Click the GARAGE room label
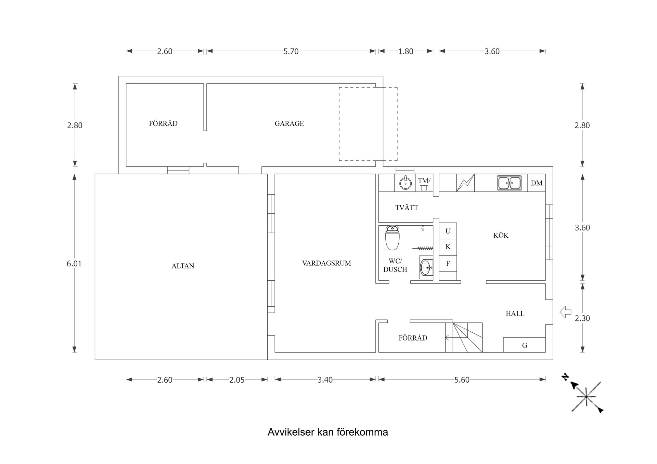[289, 123]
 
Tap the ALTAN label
[183, 266]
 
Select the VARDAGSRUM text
[326, 263]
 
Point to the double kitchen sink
[509, 183]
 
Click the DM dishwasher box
[537, 183]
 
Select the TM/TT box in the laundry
[424, 184]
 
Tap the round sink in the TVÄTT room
[405, 183]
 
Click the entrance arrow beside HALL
[565, 312]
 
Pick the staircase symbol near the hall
[464, 337]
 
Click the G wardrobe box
[524, 345]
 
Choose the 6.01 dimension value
[74, 264]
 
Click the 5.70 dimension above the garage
[291, 51]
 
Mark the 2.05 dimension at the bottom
[237, 380]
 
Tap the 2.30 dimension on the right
[582, 318]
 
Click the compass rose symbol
[586, 397]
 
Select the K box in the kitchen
[448, 247]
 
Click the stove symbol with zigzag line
[465, 183]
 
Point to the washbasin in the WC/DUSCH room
[426, 267]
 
